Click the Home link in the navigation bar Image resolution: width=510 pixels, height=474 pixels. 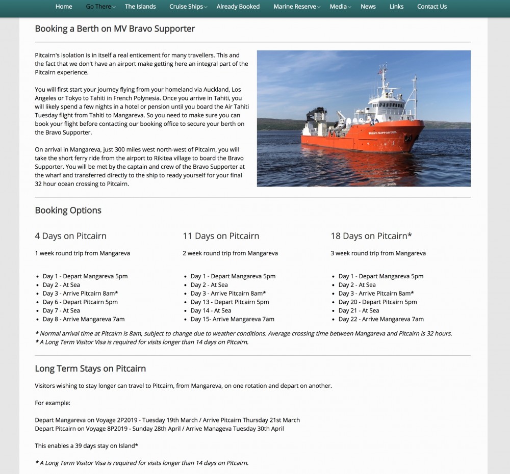64,7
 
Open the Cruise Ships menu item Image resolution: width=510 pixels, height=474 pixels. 186,7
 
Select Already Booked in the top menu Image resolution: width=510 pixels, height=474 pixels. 238,7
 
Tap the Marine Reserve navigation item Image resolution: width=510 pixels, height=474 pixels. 295,7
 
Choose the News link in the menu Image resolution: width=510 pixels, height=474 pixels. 368,7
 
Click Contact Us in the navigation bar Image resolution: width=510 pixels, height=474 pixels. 431,7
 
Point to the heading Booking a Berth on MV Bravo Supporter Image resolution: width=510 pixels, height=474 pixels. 115,29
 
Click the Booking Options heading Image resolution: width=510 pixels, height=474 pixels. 68,210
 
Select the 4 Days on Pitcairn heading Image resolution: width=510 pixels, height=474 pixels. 70,236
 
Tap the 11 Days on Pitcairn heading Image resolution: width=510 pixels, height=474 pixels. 221,236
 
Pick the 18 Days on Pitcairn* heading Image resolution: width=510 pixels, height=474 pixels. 371,236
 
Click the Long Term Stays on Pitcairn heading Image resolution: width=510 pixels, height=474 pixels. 90,368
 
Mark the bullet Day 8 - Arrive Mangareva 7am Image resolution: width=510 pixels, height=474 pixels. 84,319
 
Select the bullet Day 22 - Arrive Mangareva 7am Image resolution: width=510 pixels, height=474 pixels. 381,319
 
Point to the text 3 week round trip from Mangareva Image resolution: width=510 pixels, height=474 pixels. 378,253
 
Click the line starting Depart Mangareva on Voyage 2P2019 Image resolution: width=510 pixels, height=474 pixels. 167,420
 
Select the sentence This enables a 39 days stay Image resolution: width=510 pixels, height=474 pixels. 86,446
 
